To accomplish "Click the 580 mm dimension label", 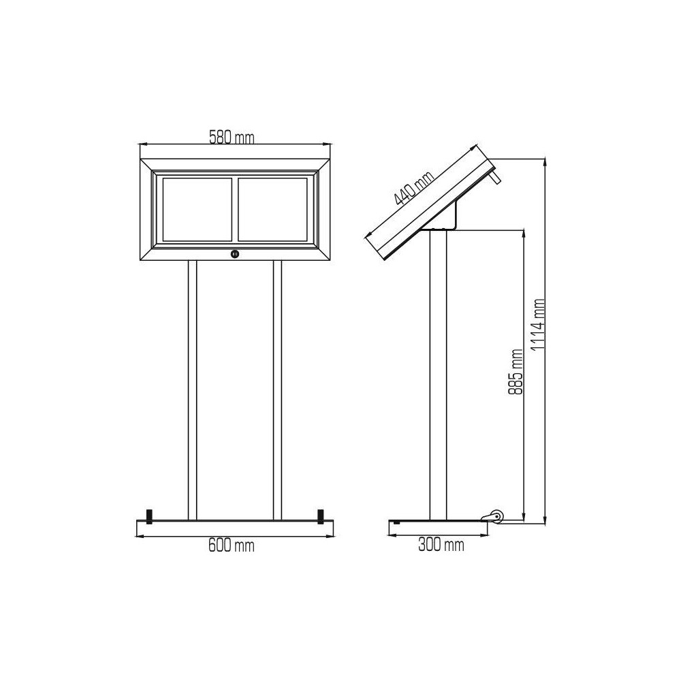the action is (x=232, y=138).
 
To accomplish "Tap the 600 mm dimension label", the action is (x=231, y=545).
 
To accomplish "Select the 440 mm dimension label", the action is (x=414, y=188).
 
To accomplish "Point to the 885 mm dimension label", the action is (x=516, y=372).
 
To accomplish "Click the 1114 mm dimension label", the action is (x=539, y=325).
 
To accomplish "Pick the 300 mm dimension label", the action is (x=441, y=545).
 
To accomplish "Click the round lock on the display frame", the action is (x=235, y=254).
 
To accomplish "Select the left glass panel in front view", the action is (x=197, y=209).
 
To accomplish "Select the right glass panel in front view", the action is (x=272, y=209).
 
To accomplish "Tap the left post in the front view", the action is (x=193, y=390).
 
